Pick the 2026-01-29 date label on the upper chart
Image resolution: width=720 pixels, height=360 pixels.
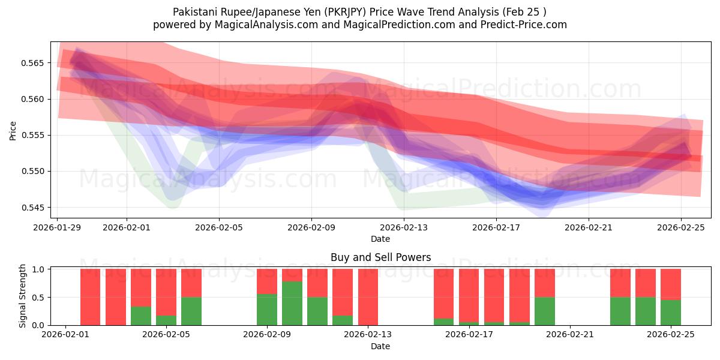pyautogui.click(x=58, y=228)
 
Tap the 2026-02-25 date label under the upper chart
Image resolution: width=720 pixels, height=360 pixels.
pyautogui.click(x=681, y=228)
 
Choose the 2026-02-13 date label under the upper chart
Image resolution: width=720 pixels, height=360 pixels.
pyautogui.click(x=404, y=228)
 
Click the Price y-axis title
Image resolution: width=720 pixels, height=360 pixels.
pyautogui.click(x=13, y=130)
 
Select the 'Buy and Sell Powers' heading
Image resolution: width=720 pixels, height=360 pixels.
pyautogui.click(x=380, y=257)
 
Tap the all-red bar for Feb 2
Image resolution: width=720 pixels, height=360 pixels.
pyautogui.click(x=91, y=297)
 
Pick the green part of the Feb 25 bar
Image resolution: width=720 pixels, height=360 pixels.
pyautogui.click(x=671, y=312)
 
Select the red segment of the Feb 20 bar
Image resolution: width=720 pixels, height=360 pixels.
pyautogui.click(x=545, y=283)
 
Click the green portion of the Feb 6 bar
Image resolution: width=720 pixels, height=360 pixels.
pyautogui.click(x=191, y=311)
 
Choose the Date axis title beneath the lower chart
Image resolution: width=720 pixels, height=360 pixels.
pyautogui.click(x=380, y=347)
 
